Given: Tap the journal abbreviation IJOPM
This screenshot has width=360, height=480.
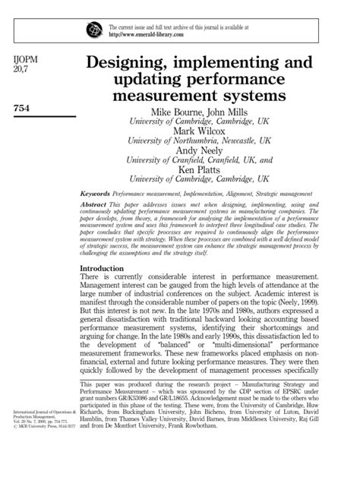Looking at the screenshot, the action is (x=27, y=59).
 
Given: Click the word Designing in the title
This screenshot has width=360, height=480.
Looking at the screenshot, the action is (x=139, y=60).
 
